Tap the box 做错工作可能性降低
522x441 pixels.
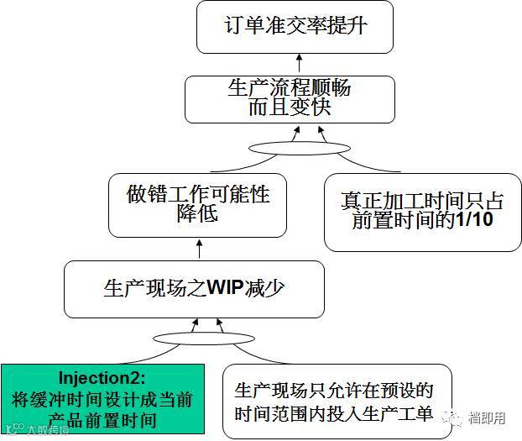pos(198,204)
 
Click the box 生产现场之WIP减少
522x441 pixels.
pos(194,288)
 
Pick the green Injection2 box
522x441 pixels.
pos(102,397)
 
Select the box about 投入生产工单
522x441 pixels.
pos(334,402)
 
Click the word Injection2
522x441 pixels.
pos(102,375)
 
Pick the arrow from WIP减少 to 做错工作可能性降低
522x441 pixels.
pos(199,249)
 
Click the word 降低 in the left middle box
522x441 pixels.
pos(198,215)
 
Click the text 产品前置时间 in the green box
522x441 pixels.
pos(102,418)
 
